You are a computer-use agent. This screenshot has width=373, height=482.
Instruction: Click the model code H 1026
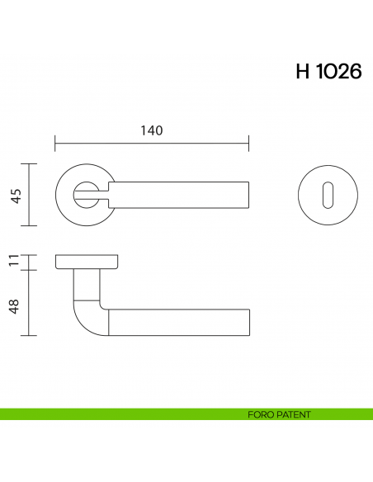[x=328, y=72]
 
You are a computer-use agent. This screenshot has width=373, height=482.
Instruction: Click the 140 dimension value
[x=151, y=130]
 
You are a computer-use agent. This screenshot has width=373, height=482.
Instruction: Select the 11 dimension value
[x=14, y=262]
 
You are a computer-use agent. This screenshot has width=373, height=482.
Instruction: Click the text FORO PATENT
[x=278, y=414]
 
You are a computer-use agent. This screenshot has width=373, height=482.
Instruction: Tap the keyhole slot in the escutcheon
[x=320, y=195]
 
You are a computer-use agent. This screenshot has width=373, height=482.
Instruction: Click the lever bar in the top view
[x=182, y=195]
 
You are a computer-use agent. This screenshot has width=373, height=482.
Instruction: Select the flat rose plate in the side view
[x=87, y=262]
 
